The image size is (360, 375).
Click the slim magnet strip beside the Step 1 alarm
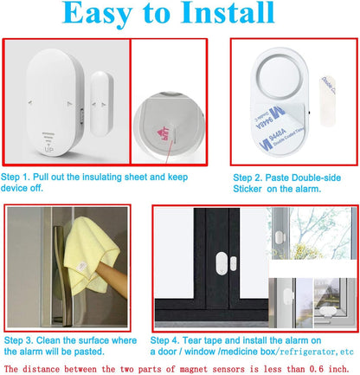(98, 100)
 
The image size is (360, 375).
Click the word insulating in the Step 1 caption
(106, 176)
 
